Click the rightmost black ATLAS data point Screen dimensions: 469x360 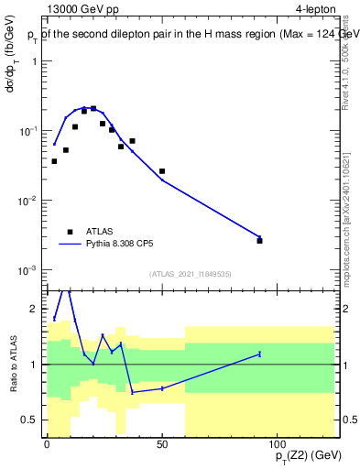(x=259, y=241)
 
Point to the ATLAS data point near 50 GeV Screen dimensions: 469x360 (x=162, y=171)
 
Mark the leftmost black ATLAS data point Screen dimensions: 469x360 (x=54, y=161)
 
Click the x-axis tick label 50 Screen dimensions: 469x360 (x=162, y=444)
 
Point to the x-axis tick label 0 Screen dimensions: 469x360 (x=47, y=444)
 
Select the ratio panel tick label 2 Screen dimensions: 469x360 (x=36, y=309)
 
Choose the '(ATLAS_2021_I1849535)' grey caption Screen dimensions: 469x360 (x=189, y=274)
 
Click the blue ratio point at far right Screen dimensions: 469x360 (x=259, y=354)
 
